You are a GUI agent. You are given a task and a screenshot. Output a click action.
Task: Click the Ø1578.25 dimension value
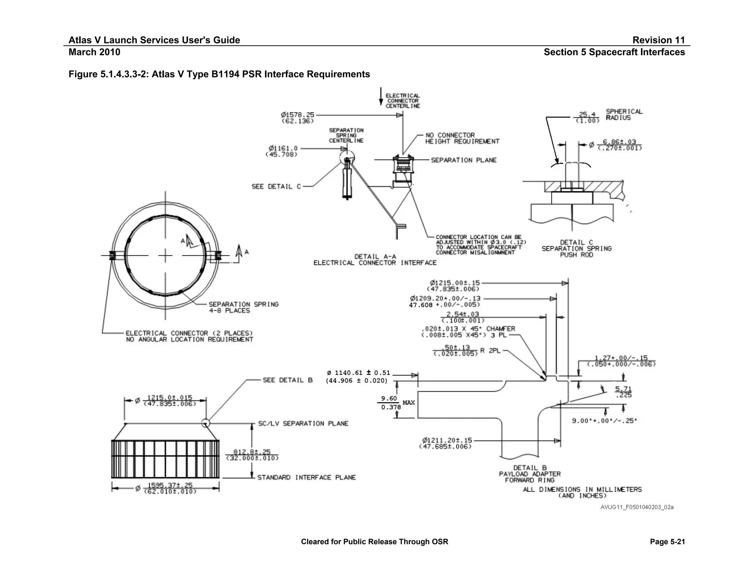pyautogui.click(x=297, y=115)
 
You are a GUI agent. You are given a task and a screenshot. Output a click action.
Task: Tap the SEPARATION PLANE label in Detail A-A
pyautogui.click(x=464, y=160)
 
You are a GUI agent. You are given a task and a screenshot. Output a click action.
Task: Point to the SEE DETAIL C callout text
pyautogui.click(x=276, y=187)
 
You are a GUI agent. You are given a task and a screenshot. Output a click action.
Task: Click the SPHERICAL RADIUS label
pyautogui.click(x=624, y=114)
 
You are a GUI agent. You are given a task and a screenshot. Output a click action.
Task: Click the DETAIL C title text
pyautogui.click(x=576, y=242)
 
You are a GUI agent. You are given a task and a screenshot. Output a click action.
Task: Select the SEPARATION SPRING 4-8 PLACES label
pyautogui.click(x=243, y=307)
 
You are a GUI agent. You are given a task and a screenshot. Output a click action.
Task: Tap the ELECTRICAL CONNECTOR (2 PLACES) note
pyautogui.click(x=189, y=333)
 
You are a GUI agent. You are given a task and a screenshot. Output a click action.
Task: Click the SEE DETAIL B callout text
pyautogui.click(x=288, y=380)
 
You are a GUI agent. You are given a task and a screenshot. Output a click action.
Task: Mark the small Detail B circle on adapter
pyautogui.click(x=205, y=423)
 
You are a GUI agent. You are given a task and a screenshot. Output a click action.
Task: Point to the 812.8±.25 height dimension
pyautogui.click(x=252, y=452)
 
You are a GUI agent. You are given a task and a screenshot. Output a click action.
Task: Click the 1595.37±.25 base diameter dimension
pyautogui.click(x=170, y=485)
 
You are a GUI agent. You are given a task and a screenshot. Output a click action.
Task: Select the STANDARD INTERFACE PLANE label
pyautogui.click(x=306, y=478)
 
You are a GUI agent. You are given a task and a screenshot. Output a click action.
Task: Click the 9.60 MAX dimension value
pyautogui.click(x=389, y=398)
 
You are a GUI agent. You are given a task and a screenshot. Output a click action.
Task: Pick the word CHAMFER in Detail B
pyautogui.click(x=500, y=329)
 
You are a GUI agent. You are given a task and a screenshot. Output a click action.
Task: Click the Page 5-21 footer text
pyautogui.click(x=667, y=542)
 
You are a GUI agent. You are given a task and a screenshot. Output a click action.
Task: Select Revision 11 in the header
pyautogui.click(x=658, y=40)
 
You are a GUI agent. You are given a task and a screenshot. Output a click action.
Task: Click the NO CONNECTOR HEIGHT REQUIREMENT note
pyautogui.click(x=462, y=138)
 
